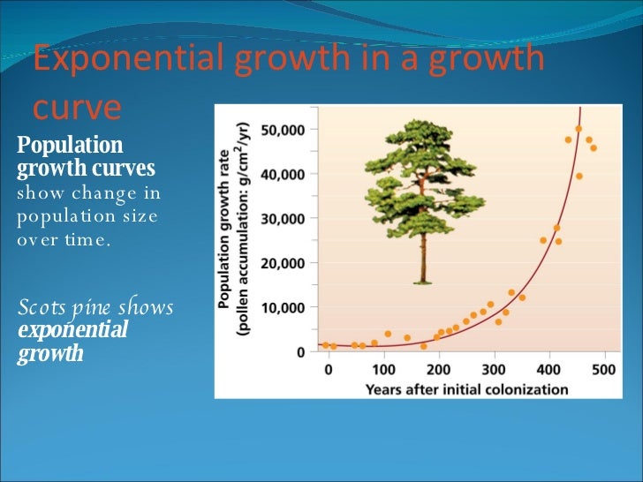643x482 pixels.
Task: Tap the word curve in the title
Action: pyautogui.click(x=77, y=107)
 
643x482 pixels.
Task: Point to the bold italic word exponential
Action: pyautogui.click(x=73, y=331)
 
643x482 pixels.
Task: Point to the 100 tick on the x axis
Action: pyautogui.click(x=383, y=369)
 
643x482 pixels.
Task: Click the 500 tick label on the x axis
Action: pyautogui.click(x=604, y=369)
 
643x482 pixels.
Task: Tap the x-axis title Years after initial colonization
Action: pyautogui.click(x=467, y=388)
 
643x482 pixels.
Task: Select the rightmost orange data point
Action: pyautogui.click(x=594, y=147)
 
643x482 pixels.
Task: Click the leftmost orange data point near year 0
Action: pyautogui.click(x=325, y=345)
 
